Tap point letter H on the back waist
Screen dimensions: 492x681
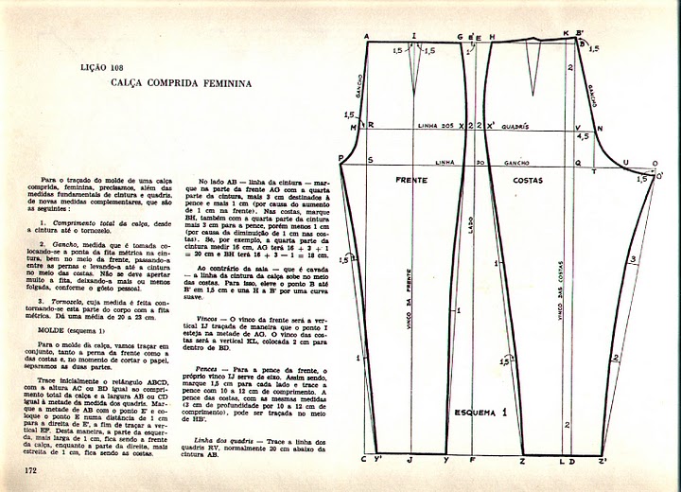tap(492, 37)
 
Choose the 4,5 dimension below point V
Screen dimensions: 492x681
tap(583, 136)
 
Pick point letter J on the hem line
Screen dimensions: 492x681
tap(410, 461)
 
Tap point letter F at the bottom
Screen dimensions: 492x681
tap(472, 461)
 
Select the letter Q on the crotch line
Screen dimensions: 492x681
tap(578, 162)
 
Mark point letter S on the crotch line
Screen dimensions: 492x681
tap(369, 161)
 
